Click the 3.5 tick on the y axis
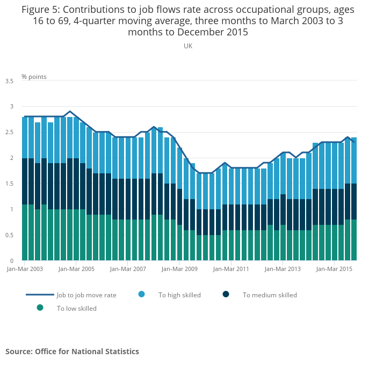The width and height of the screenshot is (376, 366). (x=10, y=81)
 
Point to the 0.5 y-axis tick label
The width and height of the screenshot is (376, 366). (x=10, y=235)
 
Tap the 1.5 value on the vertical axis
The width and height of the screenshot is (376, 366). (x=10, y=184)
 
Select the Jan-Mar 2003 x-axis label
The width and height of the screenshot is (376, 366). (x=25, y=268)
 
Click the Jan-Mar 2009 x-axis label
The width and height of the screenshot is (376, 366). (x=180, y=268)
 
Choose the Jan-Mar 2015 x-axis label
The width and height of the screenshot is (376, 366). (x=335, y=268)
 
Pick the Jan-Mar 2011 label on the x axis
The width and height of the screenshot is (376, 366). (x=232, y=268)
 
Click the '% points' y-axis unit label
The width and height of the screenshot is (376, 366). (x=34, y=77)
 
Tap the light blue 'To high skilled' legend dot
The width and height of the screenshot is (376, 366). (x=142, y=294)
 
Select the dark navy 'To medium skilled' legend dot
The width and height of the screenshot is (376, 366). (x=226, y=294)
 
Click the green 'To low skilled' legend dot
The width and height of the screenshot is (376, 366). (x=40, y=308)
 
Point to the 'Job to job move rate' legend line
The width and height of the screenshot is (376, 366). (x=40, y=295)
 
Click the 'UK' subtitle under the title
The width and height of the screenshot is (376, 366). (x=188, y=46)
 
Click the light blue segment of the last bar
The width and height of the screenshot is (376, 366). (x=354, y=160)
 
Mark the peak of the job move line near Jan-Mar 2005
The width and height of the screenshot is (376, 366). (x=70, y=112)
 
